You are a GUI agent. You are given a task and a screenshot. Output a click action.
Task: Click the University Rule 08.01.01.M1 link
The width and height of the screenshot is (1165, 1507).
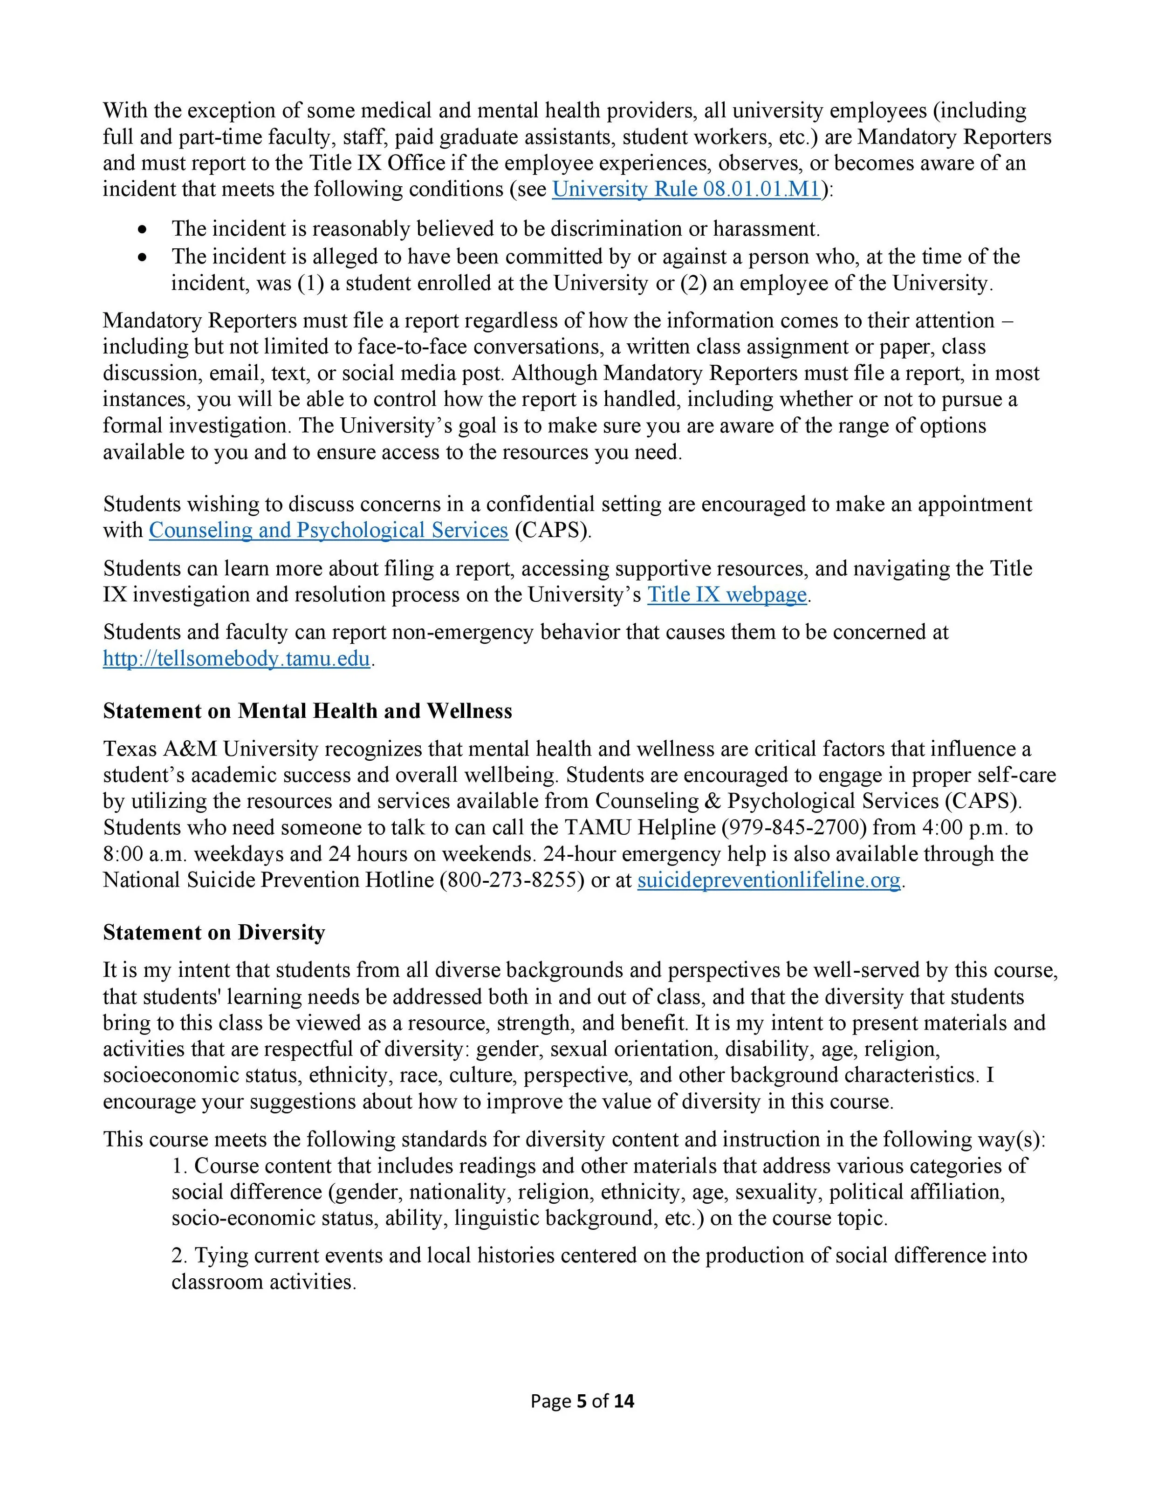685,190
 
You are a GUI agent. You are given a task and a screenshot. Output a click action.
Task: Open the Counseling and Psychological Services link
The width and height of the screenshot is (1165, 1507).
329,530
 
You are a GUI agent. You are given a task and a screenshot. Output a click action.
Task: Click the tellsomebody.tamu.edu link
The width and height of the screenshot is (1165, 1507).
237,659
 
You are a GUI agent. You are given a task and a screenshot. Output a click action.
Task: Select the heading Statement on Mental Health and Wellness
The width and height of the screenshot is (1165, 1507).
307,711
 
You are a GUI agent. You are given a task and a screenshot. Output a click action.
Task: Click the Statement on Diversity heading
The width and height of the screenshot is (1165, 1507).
214,933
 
